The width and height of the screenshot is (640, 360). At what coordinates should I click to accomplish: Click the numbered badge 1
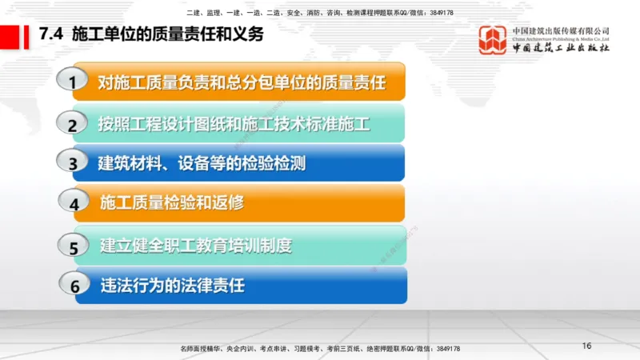tap(74, 82)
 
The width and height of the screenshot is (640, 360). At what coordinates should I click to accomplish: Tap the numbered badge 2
tap(72, 124)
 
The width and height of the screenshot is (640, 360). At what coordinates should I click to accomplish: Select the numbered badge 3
tap(73, 163)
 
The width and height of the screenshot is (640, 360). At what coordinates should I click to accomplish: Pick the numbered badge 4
tap(74, 203)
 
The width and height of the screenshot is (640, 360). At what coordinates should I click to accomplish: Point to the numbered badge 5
tap(74, 246)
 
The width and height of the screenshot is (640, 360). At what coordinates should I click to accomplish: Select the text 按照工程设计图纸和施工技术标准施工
tap(234, 124)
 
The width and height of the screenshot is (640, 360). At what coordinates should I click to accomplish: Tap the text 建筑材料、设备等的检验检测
tap(202, 163)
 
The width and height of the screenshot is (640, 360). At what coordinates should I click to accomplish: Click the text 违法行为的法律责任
tap(171, 284)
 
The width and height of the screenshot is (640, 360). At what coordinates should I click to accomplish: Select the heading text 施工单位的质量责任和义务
tap(167, 35)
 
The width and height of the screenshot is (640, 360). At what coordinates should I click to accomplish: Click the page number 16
tap(586, 346)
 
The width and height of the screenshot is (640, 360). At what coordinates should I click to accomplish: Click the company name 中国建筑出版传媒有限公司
tap(561, 30)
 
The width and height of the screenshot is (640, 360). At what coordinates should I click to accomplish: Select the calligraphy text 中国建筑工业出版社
tap(561, 47)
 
